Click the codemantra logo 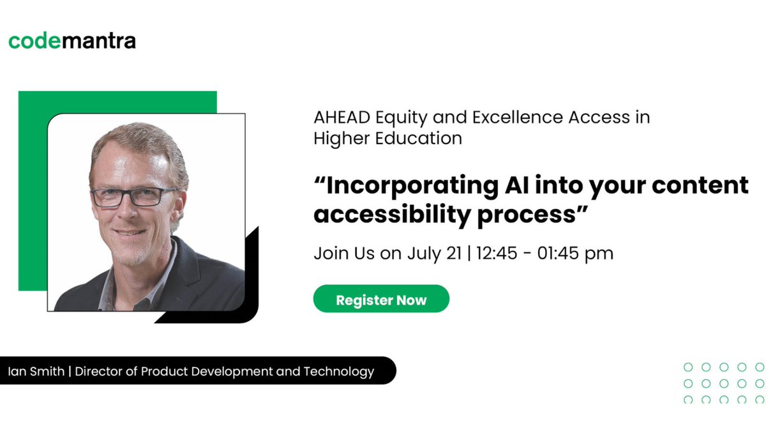[x=72, y=42]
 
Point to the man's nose [x=133, y=211]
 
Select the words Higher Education [x=387, y=139]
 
